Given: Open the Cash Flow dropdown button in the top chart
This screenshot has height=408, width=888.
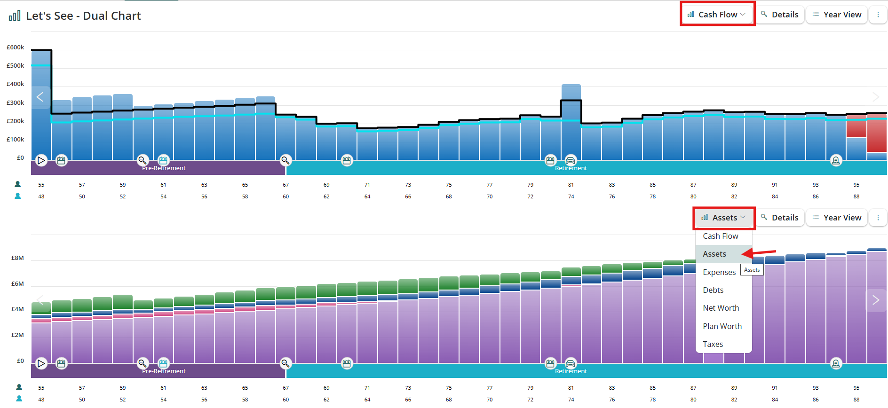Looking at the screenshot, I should pos(717,15).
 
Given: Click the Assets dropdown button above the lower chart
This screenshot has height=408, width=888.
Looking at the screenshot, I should pos(723,218).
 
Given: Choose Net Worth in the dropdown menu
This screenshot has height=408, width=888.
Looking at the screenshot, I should pos(721,308).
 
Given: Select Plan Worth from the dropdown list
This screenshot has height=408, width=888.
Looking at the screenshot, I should pos(722,326).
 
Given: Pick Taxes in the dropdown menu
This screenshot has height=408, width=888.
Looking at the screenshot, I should pos(713,344).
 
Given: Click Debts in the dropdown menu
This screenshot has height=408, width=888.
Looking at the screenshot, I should pos(713,290).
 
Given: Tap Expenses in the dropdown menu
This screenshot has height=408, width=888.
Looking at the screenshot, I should pos(719,272).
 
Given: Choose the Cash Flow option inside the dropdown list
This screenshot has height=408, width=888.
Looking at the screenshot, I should pos(721,236).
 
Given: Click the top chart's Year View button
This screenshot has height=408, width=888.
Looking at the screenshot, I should pos(837,15).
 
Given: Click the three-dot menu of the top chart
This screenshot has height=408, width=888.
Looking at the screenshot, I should pos(878,15).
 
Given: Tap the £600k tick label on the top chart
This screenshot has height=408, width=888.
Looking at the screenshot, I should pos(16,47).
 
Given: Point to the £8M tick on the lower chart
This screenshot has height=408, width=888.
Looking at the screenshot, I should pos(17,258).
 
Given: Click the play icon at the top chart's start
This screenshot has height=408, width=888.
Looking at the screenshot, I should pos(41,160).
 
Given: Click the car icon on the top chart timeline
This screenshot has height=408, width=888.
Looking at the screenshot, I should pos(570,160).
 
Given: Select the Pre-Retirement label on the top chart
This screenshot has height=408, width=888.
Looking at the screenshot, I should pos(164,168).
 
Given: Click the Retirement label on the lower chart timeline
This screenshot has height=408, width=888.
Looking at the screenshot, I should pos(571,371).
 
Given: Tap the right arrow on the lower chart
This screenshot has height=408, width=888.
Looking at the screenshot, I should pos(875,300).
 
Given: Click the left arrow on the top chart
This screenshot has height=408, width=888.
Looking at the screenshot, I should pos(40,97).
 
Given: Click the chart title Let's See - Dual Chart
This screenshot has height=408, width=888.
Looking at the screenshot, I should pos(83,16).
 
